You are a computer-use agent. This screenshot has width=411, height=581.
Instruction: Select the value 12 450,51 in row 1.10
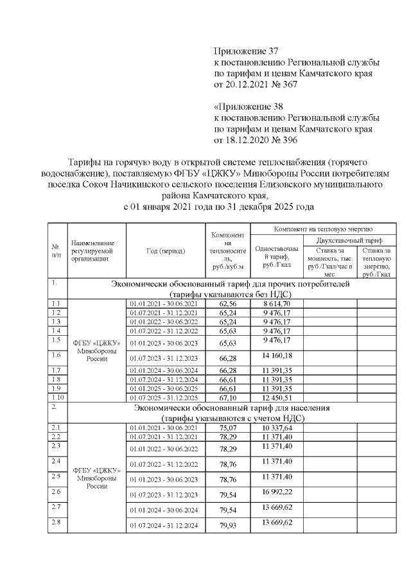point(276,398)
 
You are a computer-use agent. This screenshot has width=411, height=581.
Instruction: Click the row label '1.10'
point(57,398)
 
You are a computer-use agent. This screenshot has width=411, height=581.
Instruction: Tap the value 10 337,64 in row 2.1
point(276,428)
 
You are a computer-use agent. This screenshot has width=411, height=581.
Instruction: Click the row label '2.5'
point(57,476)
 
